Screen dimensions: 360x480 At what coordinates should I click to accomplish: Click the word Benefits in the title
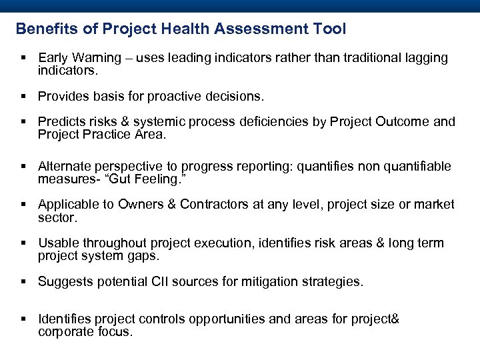[x=43, y=29]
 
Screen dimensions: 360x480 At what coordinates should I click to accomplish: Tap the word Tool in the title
[x=330, y=29]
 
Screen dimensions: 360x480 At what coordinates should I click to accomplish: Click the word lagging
[x=424, y=58]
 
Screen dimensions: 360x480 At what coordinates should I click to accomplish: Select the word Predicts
[x=61, y=122]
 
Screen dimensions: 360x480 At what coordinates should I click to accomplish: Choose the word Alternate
[x=65, y=166]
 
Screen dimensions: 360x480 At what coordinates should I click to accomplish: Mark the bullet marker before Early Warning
[x=23, y=59]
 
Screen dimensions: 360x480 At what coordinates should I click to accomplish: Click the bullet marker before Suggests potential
[x=23, y=283]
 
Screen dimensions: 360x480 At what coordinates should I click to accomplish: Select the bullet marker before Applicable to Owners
[x=23, y=205]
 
